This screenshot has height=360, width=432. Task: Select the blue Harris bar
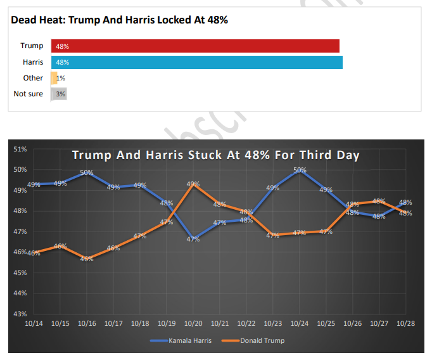(196, 62)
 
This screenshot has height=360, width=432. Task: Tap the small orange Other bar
(54, 78)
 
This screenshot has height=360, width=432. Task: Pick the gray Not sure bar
(59, 94)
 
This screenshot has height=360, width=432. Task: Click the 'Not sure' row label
(29, 94)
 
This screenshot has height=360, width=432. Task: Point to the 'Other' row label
(33, 78)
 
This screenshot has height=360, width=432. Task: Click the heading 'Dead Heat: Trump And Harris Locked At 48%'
(120, 20)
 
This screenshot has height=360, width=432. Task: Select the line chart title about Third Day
(215, 155)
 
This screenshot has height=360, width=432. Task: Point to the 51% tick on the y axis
(20, 149)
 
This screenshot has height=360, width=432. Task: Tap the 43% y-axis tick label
(20, 314)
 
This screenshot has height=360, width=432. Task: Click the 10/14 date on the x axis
(34, 323)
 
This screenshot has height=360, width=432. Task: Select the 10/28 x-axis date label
(405, 323)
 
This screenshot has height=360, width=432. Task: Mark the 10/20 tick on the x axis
(193, 323)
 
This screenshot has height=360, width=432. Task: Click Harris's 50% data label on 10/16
(87, 172)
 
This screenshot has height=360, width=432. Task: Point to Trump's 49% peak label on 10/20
(193, 184)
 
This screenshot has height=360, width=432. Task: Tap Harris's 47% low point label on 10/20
(193, 239)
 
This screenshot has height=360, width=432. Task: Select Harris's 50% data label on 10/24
(300, 170)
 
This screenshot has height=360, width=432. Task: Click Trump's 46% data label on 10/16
(87, 259)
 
